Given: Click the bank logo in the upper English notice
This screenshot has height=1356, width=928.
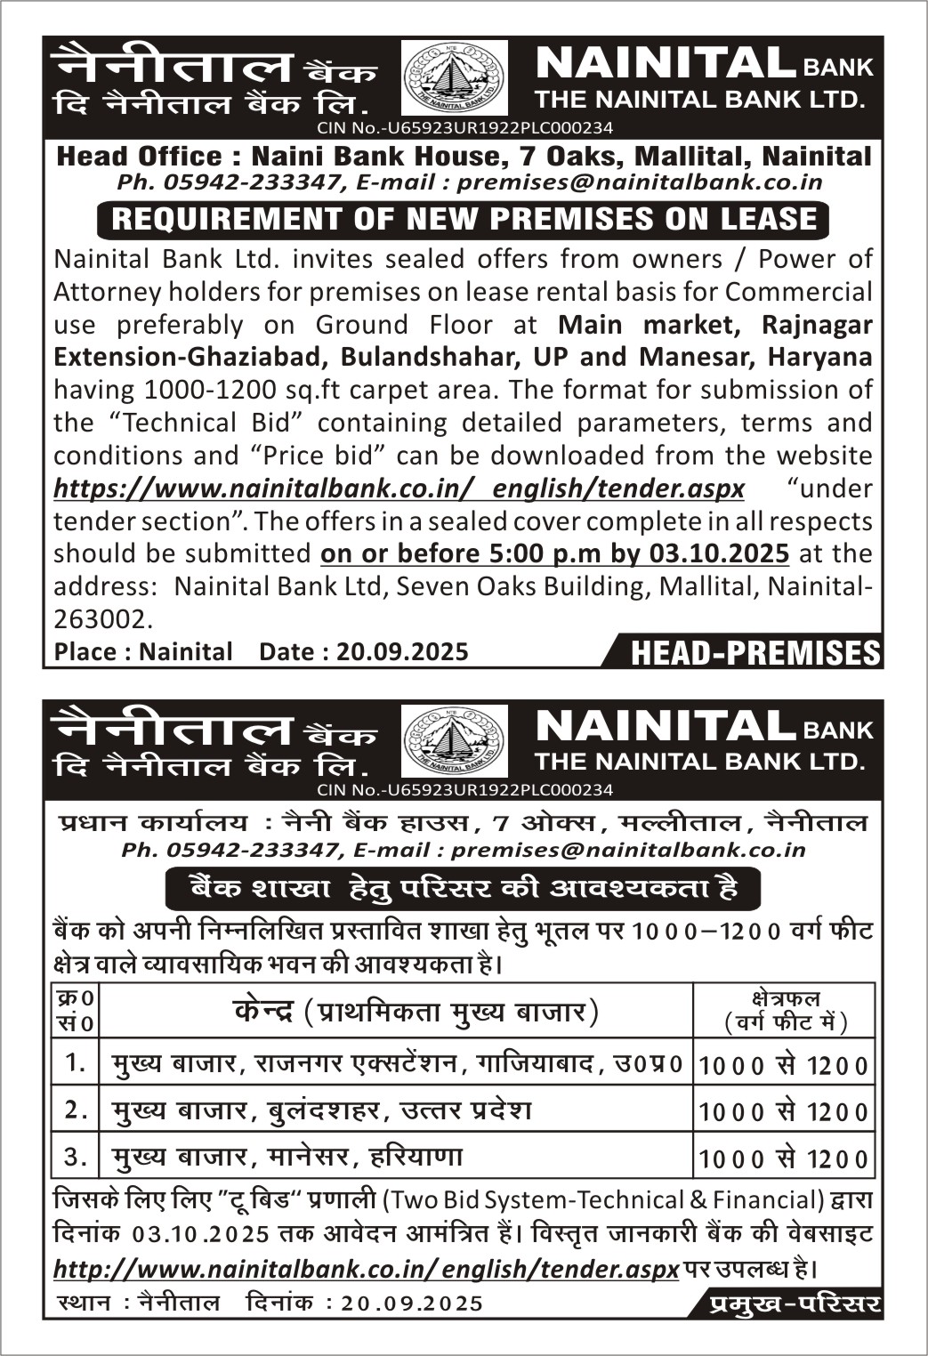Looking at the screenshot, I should point(454,79).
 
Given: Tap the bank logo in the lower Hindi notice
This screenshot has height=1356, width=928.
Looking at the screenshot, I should point(454,740).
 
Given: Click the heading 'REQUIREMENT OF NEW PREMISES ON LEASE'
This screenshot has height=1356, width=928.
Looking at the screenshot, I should point(463,220).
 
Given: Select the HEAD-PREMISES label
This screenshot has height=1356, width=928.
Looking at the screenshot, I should point(755,654).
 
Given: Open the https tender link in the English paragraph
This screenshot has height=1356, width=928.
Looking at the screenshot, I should point(399,488).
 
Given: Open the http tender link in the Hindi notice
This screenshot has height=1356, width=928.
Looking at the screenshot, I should point(366,1269).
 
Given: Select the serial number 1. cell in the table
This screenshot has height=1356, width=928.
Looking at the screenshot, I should point(76,1062).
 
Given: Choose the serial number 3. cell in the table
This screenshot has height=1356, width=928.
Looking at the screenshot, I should point(76,1156).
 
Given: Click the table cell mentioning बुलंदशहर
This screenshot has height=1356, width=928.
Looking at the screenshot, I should point(321,1110).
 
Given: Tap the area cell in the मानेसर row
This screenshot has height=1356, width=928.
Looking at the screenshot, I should point(783,1158).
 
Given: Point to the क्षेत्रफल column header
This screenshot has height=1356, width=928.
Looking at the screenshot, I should point(783,1011).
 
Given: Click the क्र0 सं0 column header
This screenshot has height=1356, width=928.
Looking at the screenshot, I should point(76,1011).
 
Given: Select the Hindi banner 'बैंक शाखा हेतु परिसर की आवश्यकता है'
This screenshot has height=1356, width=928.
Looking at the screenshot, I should point(463,888).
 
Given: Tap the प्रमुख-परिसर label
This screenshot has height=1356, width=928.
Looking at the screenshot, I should point(795,1304).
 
